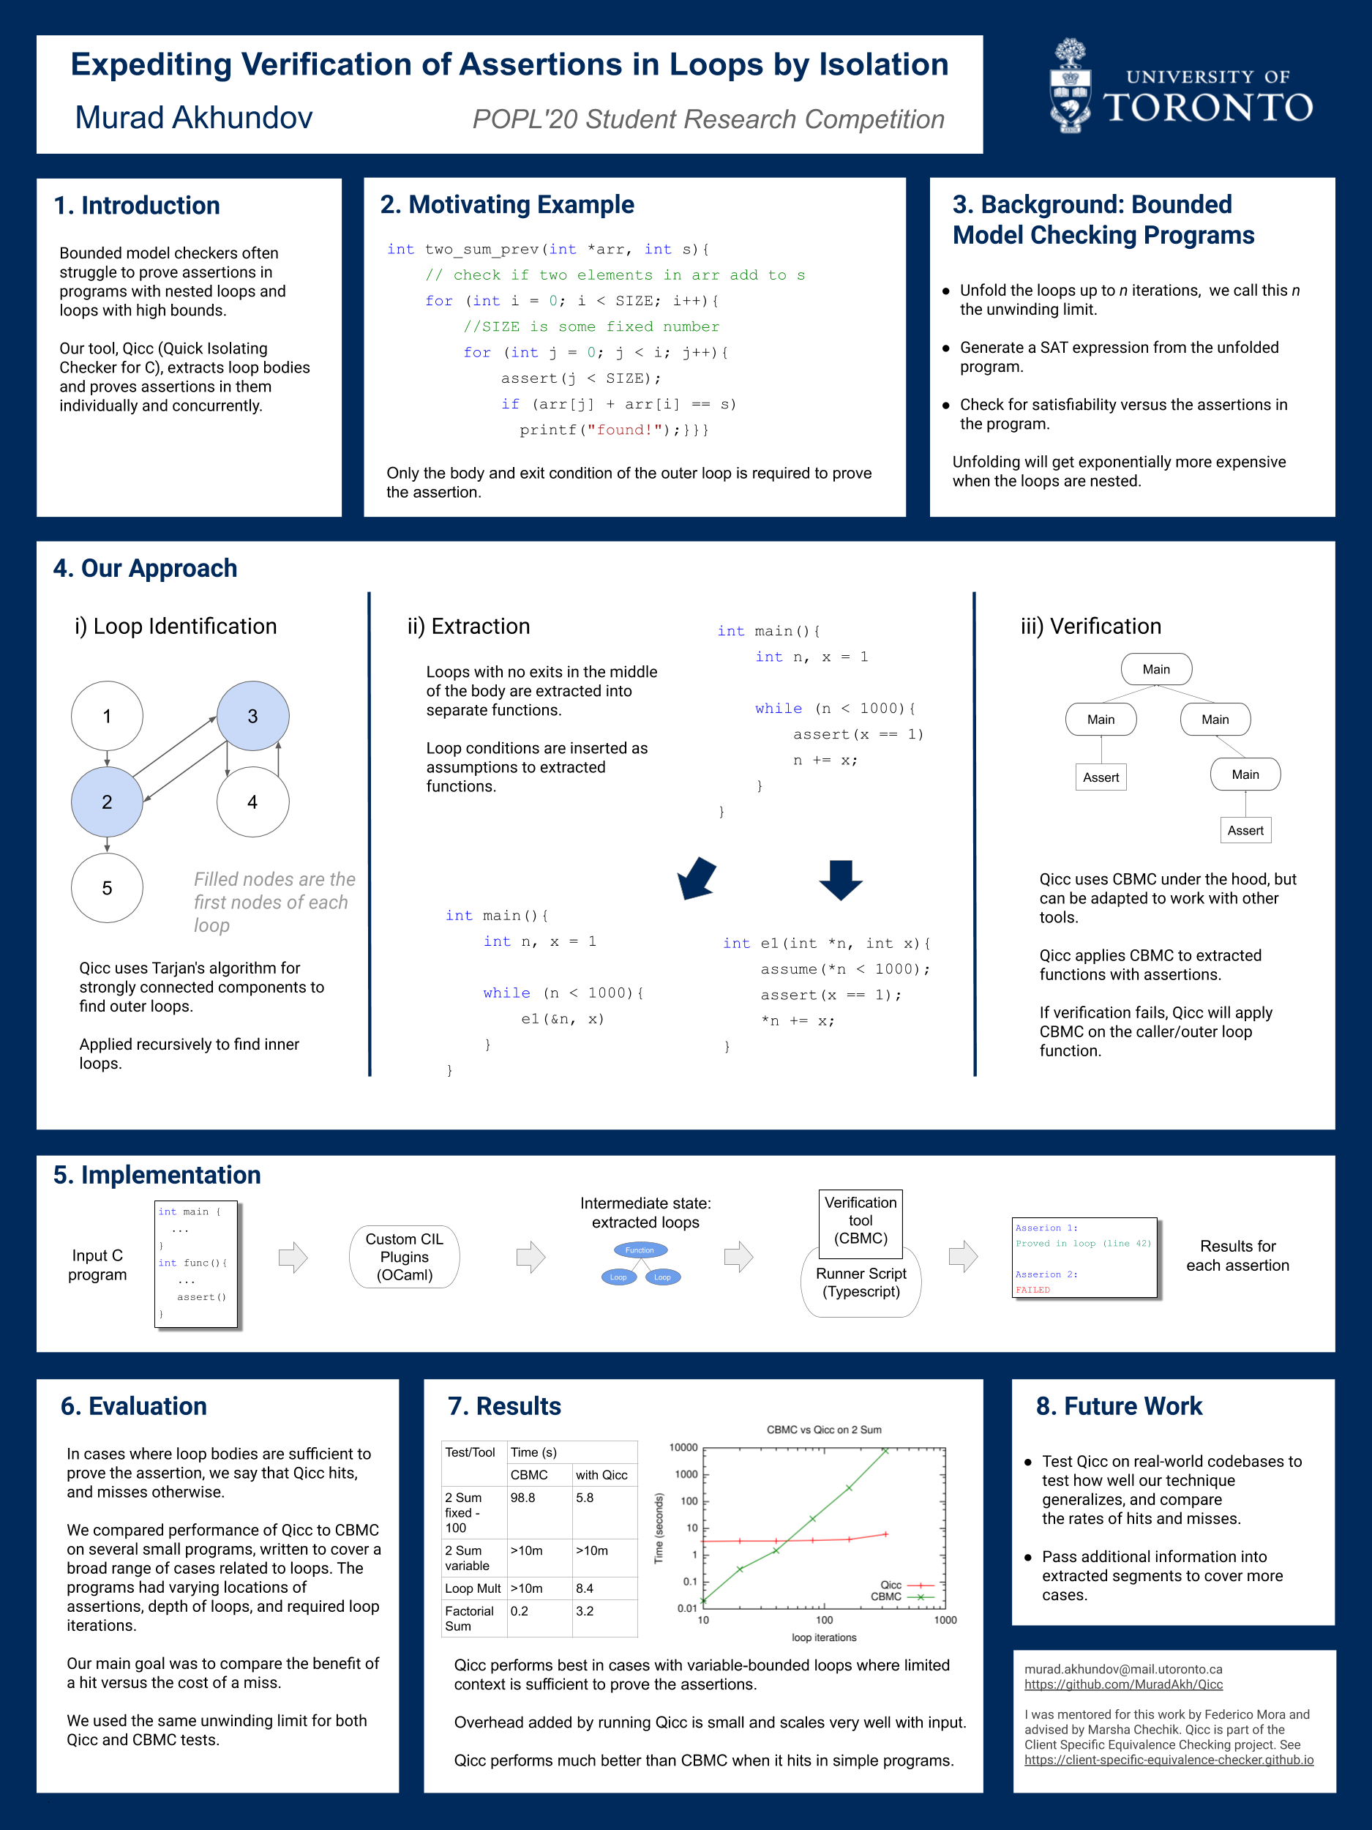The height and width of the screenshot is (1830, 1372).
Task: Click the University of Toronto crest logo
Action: click(1070, 86)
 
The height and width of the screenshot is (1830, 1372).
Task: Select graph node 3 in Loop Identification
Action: click(252, 717)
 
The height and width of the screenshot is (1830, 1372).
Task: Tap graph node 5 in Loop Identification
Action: click(107, 888)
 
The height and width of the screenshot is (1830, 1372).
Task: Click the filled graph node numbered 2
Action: click(107, 802)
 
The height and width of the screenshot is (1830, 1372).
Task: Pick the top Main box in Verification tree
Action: click(1155, 669)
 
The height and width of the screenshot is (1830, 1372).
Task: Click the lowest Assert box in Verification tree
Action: click(1245, 831)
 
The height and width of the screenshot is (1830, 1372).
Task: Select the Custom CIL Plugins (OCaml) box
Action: click(405, 1257)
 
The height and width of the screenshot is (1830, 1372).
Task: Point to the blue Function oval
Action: click(640, 1250)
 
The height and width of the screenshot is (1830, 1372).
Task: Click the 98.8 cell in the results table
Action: click(522, 1498)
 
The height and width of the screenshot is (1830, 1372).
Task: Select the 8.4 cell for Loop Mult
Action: click(585, 1588)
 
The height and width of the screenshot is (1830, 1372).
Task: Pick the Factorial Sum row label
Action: click(469, 1618)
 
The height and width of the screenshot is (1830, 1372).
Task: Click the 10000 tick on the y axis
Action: click(684, 1448)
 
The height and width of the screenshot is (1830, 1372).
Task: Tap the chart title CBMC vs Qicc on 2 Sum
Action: click(824, 1430)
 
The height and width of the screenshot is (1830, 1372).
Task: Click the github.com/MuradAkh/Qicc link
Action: click(1123, 1684)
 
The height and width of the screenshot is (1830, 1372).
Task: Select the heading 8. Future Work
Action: click(1118, 1406)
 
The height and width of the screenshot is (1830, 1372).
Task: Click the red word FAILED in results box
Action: click(1033, 1290)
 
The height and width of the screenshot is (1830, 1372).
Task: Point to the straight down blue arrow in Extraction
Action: click(840, 878)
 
